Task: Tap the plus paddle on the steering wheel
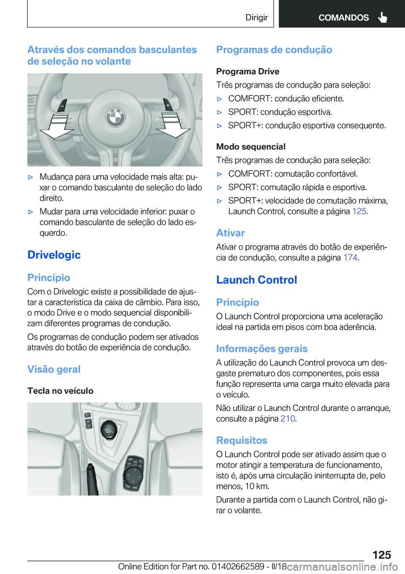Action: click(168, 105)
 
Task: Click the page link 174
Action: click(350, 257)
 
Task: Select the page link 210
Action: click(287, 418)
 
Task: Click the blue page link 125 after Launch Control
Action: click(359, 211)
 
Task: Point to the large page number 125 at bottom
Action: click(381, 555)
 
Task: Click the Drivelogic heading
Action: click(54, 255)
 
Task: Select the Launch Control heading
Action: click(256, 280)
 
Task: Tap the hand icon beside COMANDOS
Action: click(383, 17)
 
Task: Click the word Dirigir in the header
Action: click(256, 17)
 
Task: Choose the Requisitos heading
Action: click(242, 440)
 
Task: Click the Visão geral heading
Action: click(54, 369)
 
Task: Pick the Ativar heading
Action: click(230, 233)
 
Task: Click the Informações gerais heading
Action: click(262, 349)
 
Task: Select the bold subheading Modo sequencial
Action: click(251, 147)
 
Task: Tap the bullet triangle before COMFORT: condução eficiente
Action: click(219, 99)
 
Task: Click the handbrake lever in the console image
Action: click(92, 478)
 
